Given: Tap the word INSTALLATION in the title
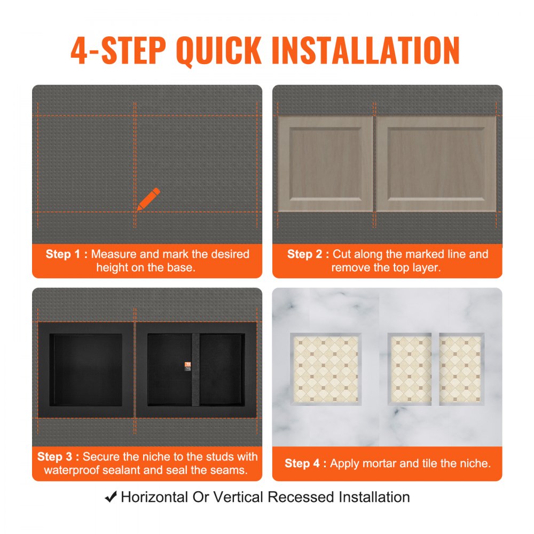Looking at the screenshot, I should click(x=365, y=51).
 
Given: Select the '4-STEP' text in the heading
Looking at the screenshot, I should click(x=119, y=51).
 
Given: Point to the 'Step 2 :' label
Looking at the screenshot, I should click(x=308, y=254).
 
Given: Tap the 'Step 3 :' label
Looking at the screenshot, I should click(x=58, y=457).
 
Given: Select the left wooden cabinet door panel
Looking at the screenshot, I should click(x=325, y=164).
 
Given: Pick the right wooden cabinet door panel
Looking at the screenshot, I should click(x=436, y=164).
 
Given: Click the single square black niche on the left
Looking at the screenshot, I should click(x=86, y=370).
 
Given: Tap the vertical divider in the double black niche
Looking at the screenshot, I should click(x=195, y=370).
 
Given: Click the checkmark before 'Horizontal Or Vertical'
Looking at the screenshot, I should click(x=111, y=497).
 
